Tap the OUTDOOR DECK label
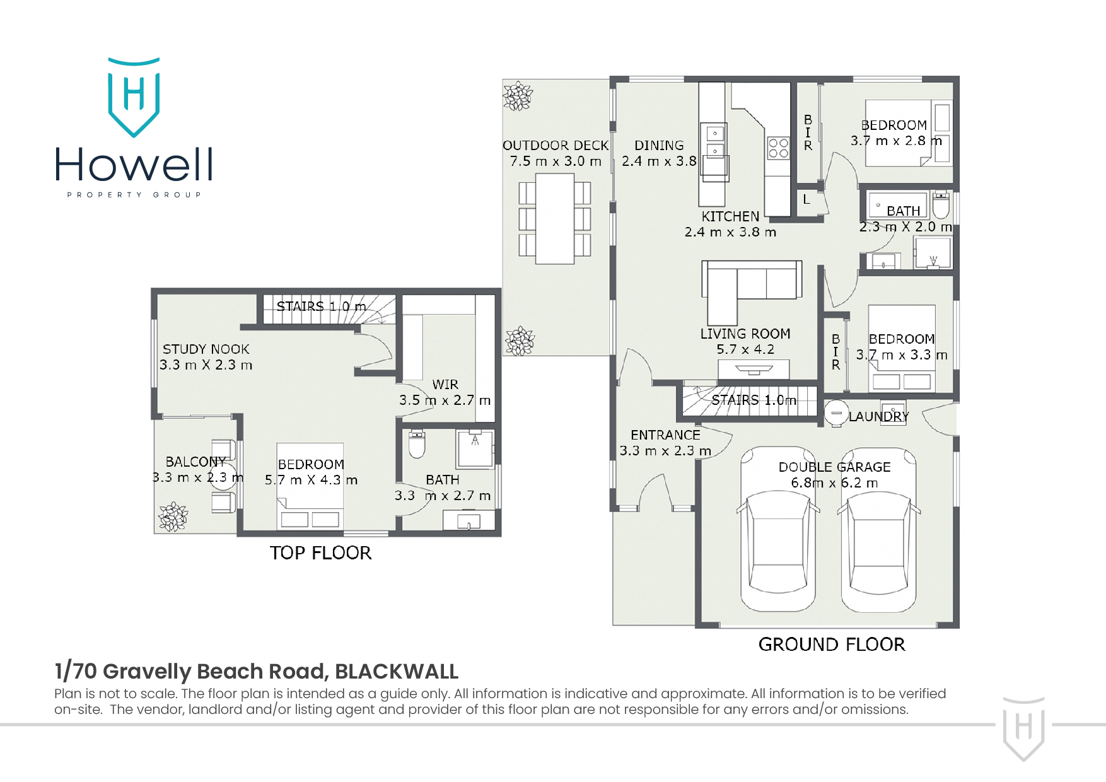[556, 145]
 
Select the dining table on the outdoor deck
[555, 218]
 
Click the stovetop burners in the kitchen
[778, 148]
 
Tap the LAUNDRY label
[878, 416]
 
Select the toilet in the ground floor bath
[941, 203]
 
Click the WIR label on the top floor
[445, 384]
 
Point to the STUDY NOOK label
[206, 349]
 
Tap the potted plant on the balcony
[173, 516]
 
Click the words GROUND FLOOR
[832, 644]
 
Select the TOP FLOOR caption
[320, 552]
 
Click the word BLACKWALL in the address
[397, 671]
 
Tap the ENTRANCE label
[665, 435]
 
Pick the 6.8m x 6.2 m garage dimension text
[834, 482]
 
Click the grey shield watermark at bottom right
[1024, 728]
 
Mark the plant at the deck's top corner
[518, 96]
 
